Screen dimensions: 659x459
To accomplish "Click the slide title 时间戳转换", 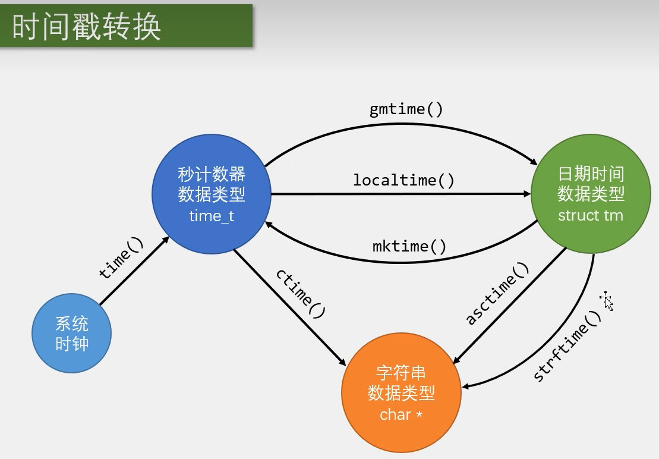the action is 87,27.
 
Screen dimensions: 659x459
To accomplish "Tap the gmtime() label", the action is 406,109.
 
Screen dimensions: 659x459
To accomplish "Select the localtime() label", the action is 403,180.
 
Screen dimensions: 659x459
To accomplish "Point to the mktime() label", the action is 409,246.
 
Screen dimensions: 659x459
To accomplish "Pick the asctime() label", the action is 497,293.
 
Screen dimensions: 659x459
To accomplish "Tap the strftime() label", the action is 567,346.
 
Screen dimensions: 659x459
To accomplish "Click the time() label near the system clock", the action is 121,258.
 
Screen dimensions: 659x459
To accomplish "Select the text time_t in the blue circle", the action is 212,216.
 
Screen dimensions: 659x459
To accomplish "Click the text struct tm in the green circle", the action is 591,216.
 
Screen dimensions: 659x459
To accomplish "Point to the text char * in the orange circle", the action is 401,415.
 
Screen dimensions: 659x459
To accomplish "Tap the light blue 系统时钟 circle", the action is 71,334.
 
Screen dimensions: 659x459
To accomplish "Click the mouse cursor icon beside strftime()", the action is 607,300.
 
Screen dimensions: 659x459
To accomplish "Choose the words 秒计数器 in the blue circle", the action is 212,174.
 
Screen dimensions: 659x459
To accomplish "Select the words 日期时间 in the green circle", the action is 591,174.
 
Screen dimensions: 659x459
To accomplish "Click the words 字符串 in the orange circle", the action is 401,373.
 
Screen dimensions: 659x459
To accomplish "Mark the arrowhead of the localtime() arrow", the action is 527,194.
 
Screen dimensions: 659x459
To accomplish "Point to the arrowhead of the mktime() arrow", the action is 269,225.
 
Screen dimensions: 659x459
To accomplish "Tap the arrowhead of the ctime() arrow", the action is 342,361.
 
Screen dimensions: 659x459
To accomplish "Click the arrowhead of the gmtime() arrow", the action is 534,162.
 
